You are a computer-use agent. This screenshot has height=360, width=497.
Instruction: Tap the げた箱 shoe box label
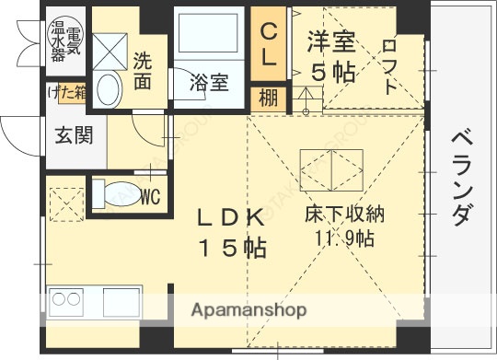[x=67, y=94]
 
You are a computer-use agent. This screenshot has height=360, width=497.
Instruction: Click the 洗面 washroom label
[x=143, y=72]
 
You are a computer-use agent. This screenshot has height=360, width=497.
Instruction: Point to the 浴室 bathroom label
[x=209, y=83]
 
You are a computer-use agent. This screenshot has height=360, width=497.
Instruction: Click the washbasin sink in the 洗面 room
[x=108, y=91]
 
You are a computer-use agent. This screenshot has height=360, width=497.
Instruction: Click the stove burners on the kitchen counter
[x=66, y=300]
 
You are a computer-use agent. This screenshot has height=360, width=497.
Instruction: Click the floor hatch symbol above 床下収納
[x=328, y=168]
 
